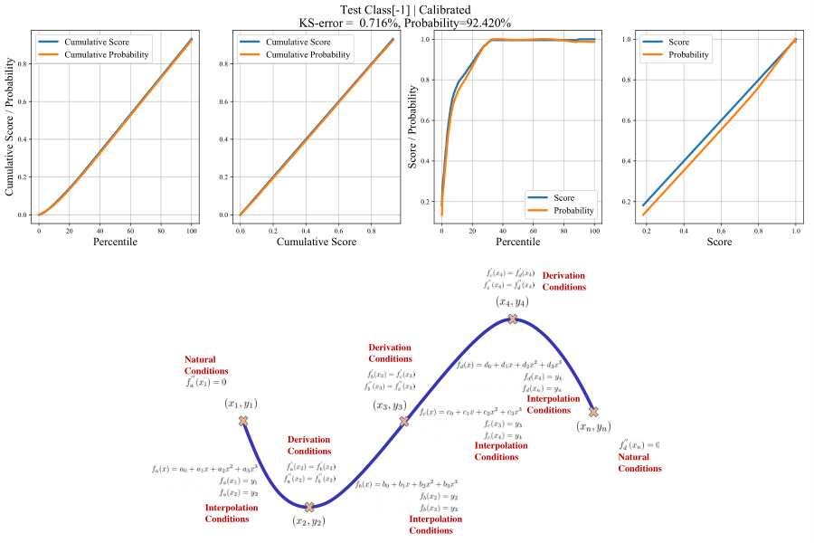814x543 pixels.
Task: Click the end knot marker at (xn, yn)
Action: point(593,411)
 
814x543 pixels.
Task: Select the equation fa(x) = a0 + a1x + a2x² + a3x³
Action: point(205,469)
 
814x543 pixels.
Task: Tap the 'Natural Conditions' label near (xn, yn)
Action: point(639,462)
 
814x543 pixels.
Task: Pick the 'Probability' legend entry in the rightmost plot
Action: point(689,55)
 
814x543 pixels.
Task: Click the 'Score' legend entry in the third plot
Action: point(563,197)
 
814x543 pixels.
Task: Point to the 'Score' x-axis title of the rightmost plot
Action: point(719,243)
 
